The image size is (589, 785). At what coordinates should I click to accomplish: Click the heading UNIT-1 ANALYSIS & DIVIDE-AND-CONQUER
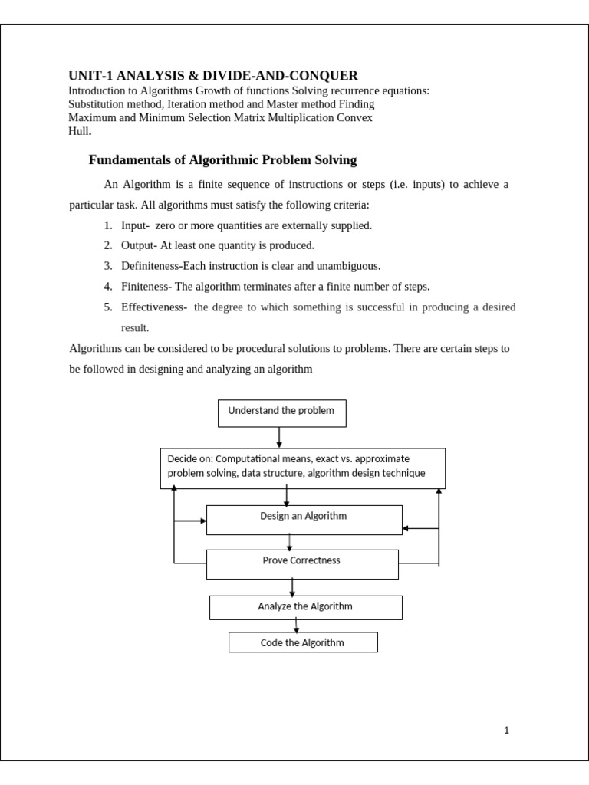[212, 75]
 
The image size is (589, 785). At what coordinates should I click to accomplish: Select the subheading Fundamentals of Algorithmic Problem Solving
[222, 160]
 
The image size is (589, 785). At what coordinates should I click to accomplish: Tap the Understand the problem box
[281, 412]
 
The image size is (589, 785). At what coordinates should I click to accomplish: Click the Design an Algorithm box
[304, 519]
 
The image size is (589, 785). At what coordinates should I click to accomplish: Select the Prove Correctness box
[302, 563]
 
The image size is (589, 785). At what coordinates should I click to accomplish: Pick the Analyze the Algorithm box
[305, 607]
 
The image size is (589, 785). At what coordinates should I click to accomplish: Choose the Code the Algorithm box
[302, 642]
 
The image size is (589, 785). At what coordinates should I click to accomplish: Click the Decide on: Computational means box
[302, 468]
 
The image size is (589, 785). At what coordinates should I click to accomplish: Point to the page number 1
[506, 731]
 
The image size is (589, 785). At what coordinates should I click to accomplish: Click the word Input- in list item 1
[135, 225]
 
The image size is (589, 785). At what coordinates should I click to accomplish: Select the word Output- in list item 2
[139, 245]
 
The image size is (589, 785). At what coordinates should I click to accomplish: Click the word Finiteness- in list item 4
[146, 287]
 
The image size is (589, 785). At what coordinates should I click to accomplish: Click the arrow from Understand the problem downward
[279, 437]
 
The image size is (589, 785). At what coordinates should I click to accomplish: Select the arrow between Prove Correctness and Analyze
[292, 587]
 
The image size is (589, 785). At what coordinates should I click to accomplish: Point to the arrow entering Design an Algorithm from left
[192, 521]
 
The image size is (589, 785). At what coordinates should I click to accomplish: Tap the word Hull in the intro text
[78, 131]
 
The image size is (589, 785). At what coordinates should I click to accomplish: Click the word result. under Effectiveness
[135, 328]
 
